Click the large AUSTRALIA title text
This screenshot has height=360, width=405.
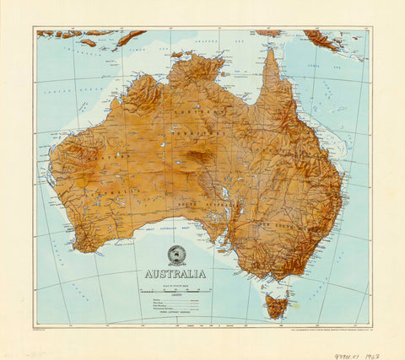[x=175, y=274]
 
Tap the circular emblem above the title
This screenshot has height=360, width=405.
[x=176, y=255]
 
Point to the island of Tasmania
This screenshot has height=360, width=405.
[x=277, y=305]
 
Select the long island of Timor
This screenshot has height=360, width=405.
[x=130, y=37]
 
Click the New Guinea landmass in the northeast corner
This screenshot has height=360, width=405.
[x=329, y=39]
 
